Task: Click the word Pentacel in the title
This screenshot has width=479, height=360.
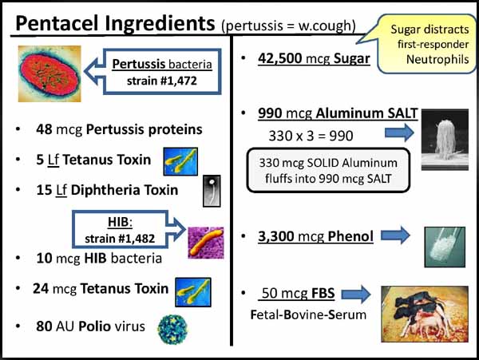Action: coord(57,23)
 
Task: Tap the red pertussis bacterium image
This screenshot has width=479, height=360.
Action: coord(49,73)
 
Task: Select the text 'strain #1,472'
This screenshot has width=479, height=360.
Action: coord(162,81)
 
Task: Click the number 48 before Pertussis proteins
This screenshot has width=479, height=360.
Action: coord(44,129)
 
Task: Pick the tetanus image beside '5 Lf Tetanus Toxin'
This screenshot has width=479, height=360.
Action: coord(180,161)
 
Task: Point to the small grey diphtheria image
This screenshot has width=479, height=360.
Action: coord(212,191)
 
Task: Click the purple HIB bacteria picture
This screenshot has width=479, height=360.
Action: coord(206,243)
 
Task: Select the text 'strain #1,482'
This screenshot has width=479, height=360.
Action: coord(120,239)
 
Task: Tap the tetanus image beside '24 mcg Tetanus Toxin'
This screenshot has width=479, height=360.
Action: coord(193,292)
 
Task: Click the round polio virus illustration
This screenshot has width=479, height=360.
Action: coord(172,330)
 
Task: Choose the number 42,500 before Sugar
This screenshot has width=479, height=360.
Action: coord(280,58)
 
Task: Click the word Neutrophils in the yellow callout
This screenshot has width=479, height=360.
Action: coord(437,59)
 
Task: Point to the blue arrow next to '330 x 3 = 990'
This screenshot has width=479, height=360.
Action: coord(399,133)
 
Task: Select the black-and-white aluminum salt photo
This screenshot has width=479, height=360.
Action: coord(445,140)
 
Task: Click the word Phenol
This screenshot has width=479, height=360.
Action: coord(350,236)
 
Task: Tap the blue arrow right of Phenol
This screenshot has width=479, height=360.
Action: coord(395,235)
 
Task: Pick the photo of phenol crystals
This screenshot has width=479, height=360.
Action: coord(445,247)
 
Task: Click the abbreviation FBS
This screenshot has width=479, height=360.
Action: coord(323,293)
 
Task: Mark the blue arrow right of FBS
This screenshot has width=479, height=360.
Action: coord(356,295)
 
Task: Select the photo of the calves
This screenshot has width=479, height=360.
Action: coord(425,314)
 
